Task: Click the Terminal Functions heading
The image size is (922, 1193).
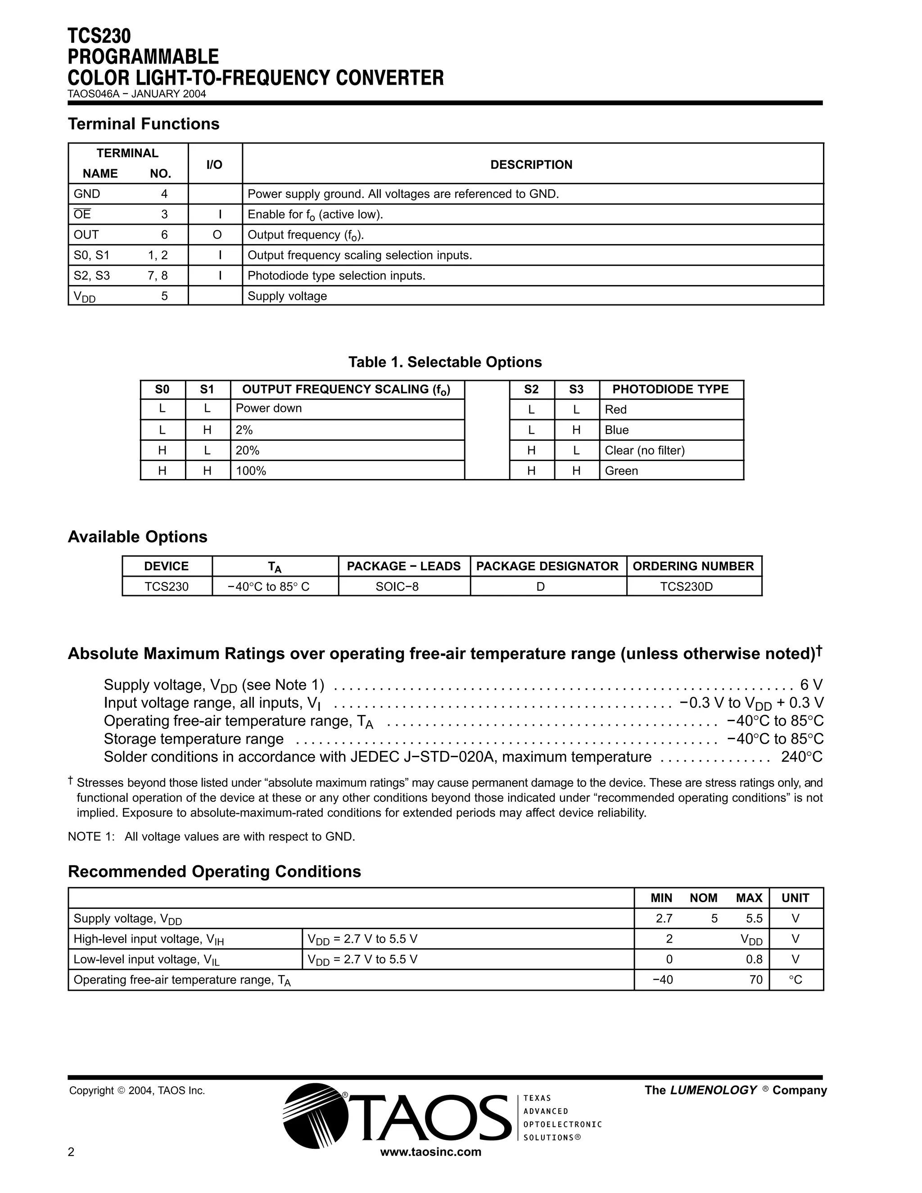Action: pyautogui.click(x=143, y=124)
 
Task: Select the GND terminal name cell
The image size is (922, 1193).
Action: pyautogui.click(x=87, y=194)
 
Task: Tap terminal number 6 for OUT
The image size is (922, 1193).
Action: pyautogui.click(x=164, y=235)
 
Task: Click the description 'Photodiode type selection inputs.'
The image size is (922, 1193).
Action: pyautogui.click(x=336, y=276)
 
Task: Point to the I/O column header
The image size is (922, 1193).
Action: pyautogui.click(x=214, y=164)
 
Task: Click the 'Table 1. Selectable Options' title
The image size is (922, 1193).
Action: pyautogui.click(x=445, y=362)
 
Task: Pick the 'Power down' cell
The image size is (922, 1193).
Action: pyautogui.click(x=268, y=409)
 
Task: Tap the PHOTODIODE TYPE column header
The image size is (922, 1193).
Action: pyautogui.click(x=670, y=389)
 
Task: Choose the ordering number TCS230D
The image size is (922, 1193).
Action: pyautogui.click(x=686, y=587)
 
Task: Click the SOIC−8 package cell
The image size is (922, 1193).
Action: pyautogui.click(x=397, y=587)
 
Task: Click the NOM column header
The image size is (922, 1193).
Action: pyautogui.click(x=703, y=898)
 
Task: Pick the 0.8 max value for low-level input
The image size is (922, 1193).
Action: pyautogui.click(x=754, y=960)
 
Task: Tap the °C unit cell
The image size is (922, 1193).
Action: pyautogui.click(x=795, y=980)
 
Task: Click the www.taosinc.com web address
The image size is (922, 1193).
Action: pyautogui.click(x=430, y=1152)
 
